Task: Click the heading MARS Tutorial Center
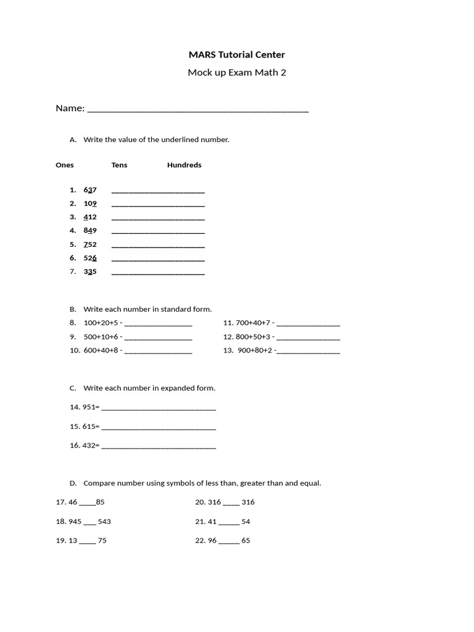click(x=237, y=55)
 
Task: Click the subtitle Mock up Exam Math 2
click(x=237, y=73)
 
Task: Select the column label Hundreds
click(x=184, y=165)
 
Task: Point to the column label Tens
click(x=119, y=165)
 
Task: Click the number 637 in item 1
click(x=90, y=190)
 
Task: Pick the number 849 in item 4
click(x=90, y=231)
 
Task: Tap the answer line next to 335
click(x=158, y=273)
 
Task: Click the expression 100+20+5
click(x=101, y=323)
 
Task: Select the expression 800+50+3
click(x=253, y=337)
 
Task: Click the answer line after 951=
click(x=159, y=409)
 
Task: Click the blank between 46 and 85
click(x=88, y=504)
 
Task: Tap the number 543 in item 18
click(x=104, y=522)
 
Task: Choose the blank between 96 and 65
click(x=228, y=542)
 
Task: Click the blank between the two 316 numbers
click(x=231, y=504)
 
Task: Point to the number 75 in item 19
click(x=102, y=541)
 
